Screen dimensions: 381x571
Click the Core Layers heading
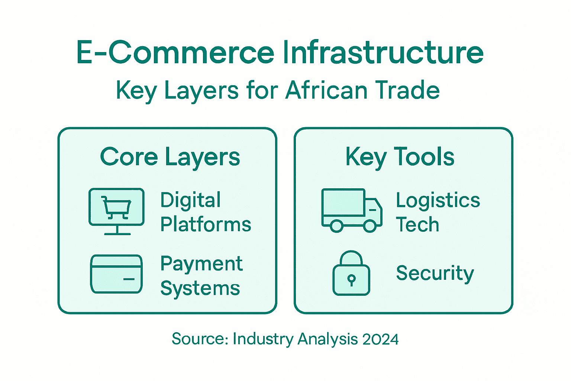170,157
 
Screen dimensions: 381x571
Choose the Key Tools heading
400,157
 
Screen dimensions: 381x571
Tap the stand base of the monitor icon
117,234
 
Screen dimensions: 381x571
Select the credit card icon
116,274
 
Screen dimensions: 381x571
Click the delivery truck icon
351,210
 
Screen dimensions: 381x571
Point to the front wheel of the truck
370,226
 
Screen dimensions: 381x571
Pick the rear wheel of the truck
336,226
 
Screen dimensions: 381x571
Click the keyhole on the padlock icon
351,279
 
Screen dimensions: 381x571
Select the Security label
435,273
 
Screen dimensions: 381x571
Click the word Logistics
438,201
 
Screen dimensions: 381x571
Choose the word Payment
201,264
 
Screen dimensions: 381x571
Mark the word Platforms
206,224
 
